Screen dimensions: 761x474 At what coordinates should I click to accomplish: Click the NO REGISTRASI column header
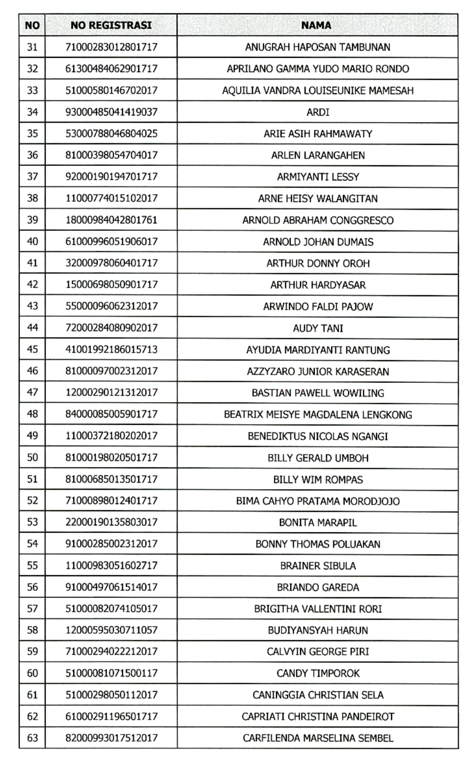click(x=111, y=25)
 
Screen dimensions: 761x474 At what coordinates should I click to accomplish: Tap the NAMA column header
click(x=316, y=25)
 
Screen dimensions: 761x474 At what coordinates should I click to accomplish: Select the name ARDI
click(x=318, y=112)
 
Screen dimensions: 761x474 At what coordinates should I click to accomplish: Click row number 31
click(x=32, y=47)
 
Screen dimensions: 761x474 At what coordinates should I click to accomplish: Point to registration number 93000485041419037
click(x=111, y=112)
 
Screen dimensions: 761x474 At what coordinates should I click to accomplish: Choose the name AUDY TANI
click(x=318, y=328)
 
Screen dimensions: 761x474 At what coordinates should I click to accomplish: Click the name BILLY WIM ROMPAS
click(x=318, y=480)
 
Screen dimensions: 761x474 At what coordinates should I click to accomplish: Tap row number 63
click(x=32, y=738)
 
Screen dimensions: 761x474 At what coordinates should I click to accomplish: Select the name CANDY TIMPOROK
click(x=318, y=673)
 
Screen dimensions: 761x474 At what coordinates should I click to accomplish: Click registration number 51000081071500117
click(x=111, y=673)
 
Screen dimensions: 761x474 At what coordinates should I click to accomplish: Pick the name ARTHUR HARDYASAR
click(x=318, y=285)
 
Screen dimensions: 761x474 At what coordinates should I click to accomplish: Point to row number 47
click(x=32, y=393)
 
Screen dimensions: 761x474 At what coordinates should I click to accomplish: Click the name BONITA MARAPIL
click(x=318, y=523)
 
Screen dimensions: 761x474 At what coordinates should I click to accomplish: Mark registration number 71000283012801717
click(x=111, y=47)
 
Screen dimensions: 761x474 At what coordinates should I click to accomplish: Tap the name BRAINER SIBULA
click(x=318, y=566)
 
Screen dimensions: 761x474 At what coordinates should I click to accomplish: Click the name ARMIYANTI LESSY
click(x=318, y=177)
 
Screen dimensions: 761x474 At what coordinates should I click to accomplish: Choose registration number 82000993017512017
click(x=111, y=738)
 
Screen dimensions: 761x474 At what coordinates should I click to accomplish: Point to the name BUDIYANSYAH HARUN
click(x=318, y=630)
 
